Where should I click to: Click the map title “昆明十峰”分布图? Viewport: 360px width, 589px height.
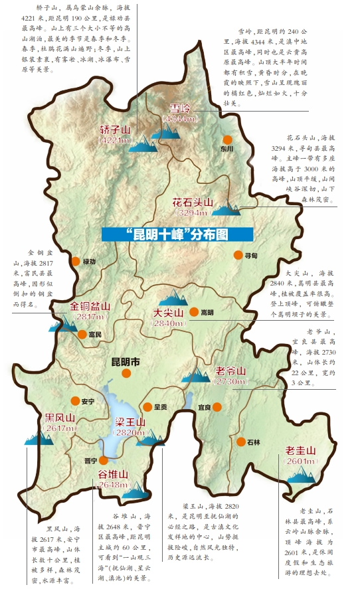tap(179, 234)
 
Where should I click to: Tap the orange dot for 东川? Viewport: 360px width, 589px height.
tap(227, 140)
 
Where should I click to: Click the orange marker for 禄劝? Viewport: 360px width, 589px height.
tap(76, 262)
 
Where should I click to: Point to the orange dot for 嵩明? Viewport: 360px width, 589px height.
tap(193, 311)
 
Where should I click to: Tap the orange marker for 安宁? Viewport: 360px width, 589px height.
tap(75, 400)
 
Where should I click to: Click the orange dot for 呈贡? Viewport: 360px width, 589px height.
tap(147, 406)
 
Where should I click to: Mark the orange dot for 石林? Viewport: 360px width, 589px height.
tap(240, 441)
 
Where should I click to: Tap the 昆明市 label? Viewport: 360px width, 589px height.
tap(125, 363)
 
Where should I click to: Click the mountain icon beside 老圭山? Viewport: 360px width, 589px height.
tap(302, 473)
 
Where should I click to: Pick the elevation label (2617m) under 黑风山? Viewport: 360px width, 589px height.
tap(60, 428)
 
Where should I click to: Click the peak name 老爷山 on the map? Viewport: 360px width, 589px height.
tap(230, 371)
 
